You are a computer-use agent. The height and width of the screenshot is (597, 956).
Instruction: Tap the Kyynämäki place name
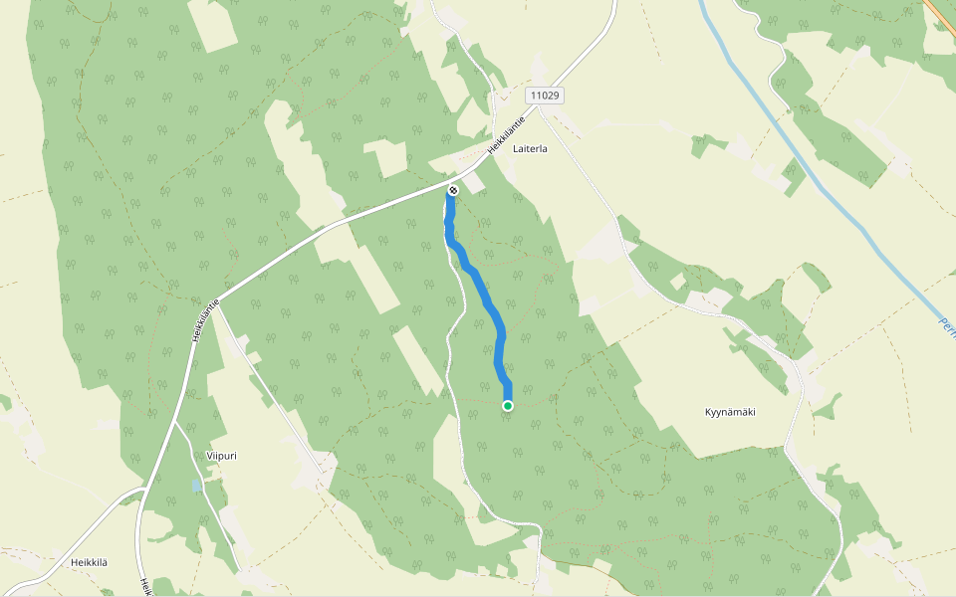pos(730,411)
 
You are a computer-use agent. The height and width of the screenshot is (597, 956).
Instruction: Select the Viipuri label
pos(221,456)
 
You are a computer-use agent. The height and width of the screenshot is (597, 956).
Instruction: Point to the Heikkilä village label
pos(89,562)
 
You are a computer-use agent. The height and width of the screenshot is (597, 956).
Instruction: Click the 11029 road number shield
pos(545,96)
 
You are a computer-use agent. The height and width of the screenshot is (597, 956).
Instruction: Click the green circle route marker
pos(508,405)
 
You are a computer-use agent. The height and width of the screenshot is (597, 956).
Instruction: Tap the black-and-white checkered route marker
pos(453,189)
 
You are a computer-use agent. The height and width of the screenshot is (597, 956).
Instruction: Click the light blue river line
pos(797,159)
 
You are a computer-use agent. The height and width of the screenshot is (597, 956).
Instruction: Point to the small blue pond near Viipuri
pos(196,486)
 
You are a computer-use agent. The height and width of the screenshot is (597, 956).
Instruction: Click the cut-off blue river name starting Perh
pos(947,328)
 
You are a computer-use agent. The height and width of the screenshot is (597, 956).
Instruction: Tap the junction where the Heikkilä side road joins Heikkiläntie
pos(147,490)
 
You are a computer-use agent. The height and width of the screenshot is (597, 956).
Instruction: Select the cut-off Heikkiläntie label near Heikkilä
pos(145,587)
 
